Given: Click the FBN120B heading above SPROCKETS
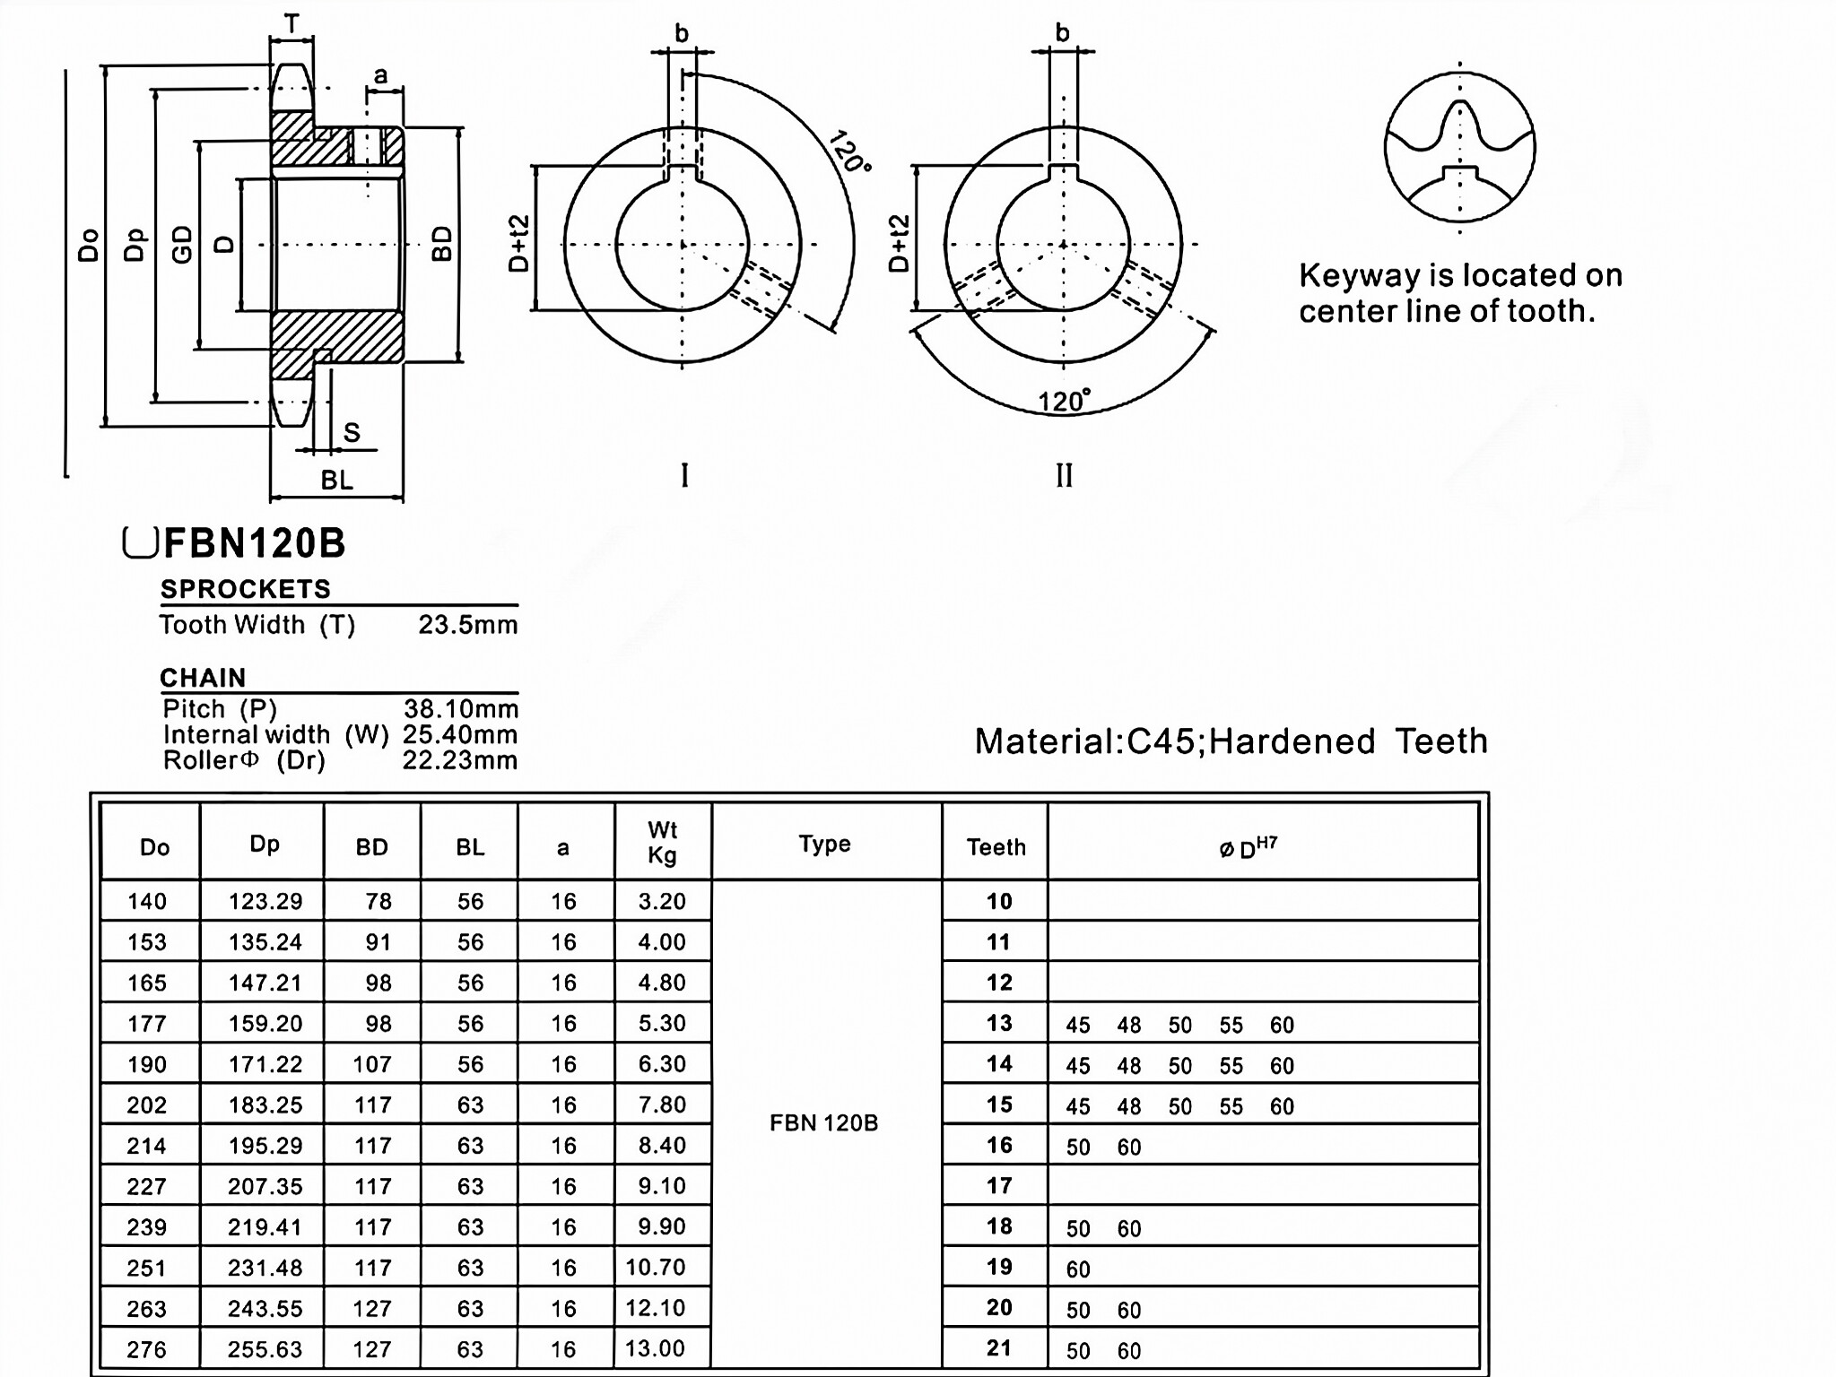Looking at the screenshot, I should point(254,543).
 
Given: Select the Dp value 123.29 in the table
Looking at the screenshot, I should point(265,901).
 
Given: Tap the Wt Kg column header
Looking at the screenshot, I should point(662,843).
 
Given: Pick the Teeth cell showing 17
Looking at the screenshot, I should point(999,1186).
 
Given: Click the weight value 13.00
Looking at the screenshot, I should point(655,1348).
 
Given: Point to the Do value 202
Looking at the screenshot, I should point(147,1104).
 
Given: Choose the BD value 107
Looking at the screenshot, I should point(372,1064).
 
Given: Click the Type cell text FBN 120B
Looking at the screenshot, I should point(823,1123).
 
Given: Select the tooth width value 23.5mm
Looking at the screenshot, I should point(467,625).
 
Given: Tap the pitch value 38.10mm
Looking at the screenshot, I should point(460,709).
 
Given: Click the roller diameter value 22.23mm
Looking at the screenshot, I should point(459,761).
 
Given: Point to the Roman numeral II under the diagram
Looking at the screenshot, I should point(1064,476).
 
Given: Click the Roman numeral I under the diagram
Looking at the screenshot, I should point(685,476).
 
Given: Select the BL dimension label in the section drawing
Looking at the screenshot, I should point(337,481).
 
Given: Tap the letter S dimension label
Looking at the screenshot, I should point(352,433).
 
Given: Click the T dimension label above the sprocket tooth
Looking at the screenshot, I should point(292,24).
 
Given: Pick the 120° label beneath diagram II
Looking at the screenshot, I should point(1064,401).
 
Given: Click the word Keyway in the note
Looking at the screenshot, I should point(1353,275).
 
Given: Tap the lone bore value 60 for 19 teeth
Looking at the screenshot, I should point(1078,1269).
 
